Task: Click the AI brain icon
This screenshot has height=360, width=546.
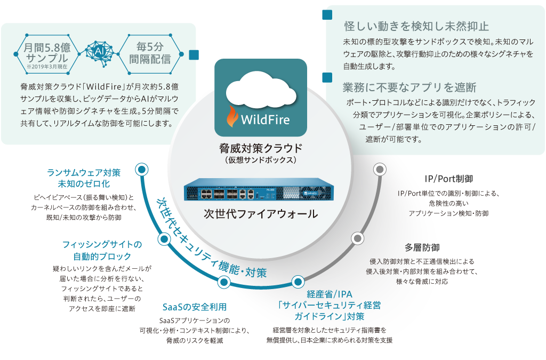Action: [98, 50]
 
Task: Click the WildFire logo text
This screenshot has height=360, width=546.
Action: [266, 118]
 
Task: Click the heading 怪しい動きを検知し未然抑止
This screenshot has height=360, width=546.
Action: [416, 26]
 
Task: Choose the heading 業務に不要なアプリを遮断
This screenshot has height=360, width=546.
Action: [409, 87]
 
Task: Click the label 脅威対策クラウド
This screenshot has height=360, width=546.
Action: [261, 148]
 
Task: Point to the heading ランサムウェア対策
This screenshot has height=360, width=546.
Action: [84, 173]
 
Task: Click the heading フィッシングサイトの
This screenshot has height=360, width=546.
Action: [102, 245]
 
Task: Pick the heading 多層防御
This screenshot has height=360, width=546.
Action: [421, 247]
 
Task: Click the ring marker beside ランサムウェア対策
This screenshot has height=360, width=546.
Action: [141, 170]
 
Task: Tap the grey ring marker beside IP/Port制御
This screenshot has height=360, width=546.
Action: [379, 169]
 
